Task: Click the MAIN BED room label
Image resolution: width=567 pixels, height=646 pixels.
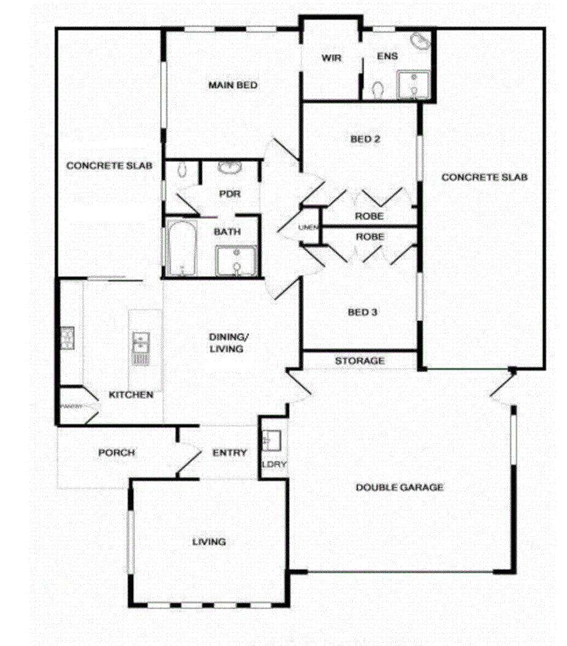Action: tap(233, 85)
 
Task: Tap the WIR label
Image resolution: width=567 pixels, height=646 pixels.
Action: tap(331, 58)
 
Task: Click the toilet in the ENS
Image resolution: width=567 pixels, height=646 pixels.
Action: tap(378, 90)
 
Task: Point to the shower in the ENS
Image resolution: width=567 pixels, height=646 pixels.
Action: tap(414, 85)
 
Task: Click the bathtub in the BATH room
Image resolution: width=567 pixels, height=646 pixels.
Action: tap(182, 249)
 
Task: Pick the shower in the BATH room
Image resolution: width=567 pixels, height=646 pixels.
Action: tap(236, 261)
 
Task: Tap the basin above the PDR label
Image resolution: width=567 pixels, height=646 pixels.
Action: tap(230, 167)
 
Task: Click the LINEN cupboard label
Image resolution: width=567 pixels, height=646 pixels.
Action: tap(307, 228)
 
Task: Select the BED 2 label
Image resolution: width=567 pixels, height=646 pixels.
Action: tap(365, 139)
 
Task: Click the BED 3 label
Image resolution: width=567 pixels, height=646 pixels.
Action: tap(363, 312)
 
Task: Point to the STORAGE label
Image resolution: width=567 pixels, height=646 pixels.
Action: tap(360, 361)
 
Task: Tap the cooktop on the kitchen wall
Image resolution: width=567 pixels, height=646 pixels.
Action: tap(67, 338)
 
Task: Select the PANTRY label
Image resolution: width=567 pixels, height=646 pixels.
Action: tap(71, 406)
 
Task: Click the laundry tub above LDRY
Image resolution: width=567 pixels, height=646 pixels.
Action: tap(271, 440)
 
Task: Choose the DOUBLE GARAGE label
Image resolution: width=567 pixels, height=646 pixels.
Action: tap(399, 488)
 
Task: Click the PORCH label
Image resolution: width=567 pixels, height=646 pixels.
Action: tap(117, 453)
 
